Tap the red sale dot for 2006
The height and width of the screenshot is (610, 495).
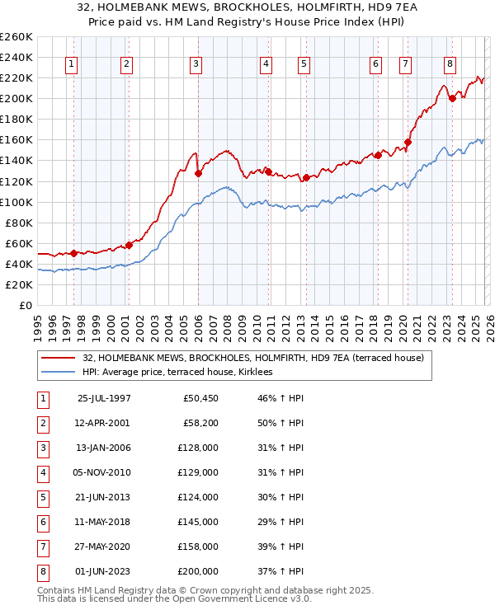[x=198, y=173]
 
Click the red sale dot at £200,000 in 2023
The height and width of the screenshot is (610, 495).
[x=452, y=99]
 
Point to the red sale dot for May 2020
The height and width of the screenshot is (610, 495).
[x=408, y=142]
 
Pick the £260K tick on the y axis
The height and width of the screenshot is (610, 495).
[x=16, y=37]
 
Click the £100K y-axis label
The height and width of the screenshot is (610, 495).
[x=16, y=202]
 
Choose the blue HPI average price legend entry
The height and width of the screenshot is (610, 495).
[x=182, y=373]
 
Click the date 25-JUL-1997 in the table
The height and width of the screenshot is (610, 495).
[x=104, y=398]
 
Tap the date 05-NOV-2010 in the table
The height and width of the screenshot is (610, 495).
[x=104, y=472]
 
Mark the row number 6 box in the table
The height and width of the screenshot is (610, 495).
[x=42, y=522]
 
